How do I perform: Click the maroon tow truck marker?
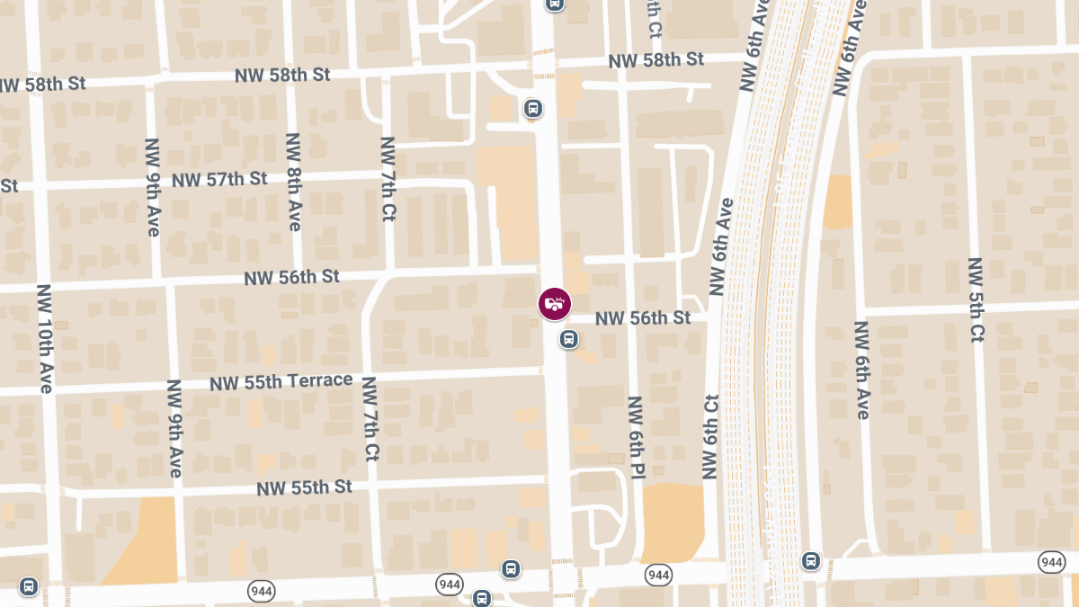click(554, 304)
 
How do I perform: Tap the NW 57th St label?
click(219, 179)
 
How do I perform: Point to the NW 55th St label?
click(304, 487)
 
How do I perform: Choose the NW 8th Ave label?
click(292, 182)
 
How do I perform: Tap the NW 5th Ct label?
click(976, 299)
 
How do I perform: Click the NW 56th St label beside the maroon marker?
click(643, 317)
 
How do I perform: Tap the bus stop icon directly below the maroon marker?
click(568, 339)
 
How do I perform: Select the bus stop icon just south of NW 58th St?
click(533, 109)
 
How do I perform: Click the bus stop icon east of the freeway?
click(811, 561)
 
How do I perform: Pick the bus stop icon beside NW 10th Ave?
click(28, 586)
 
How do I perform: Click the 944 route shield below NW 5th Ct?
click(1051, 562)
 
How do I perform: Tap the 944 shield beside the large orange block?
click(658, 574)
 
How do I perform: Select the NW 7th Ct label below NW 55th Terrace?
click(370, 418)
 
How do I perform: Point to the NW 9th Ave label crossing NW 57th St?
click(152, 187)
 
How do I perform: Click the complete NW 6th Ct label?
click(710, 435)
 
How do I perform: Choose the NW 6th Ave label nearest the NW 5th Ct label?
click(861, 370)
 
